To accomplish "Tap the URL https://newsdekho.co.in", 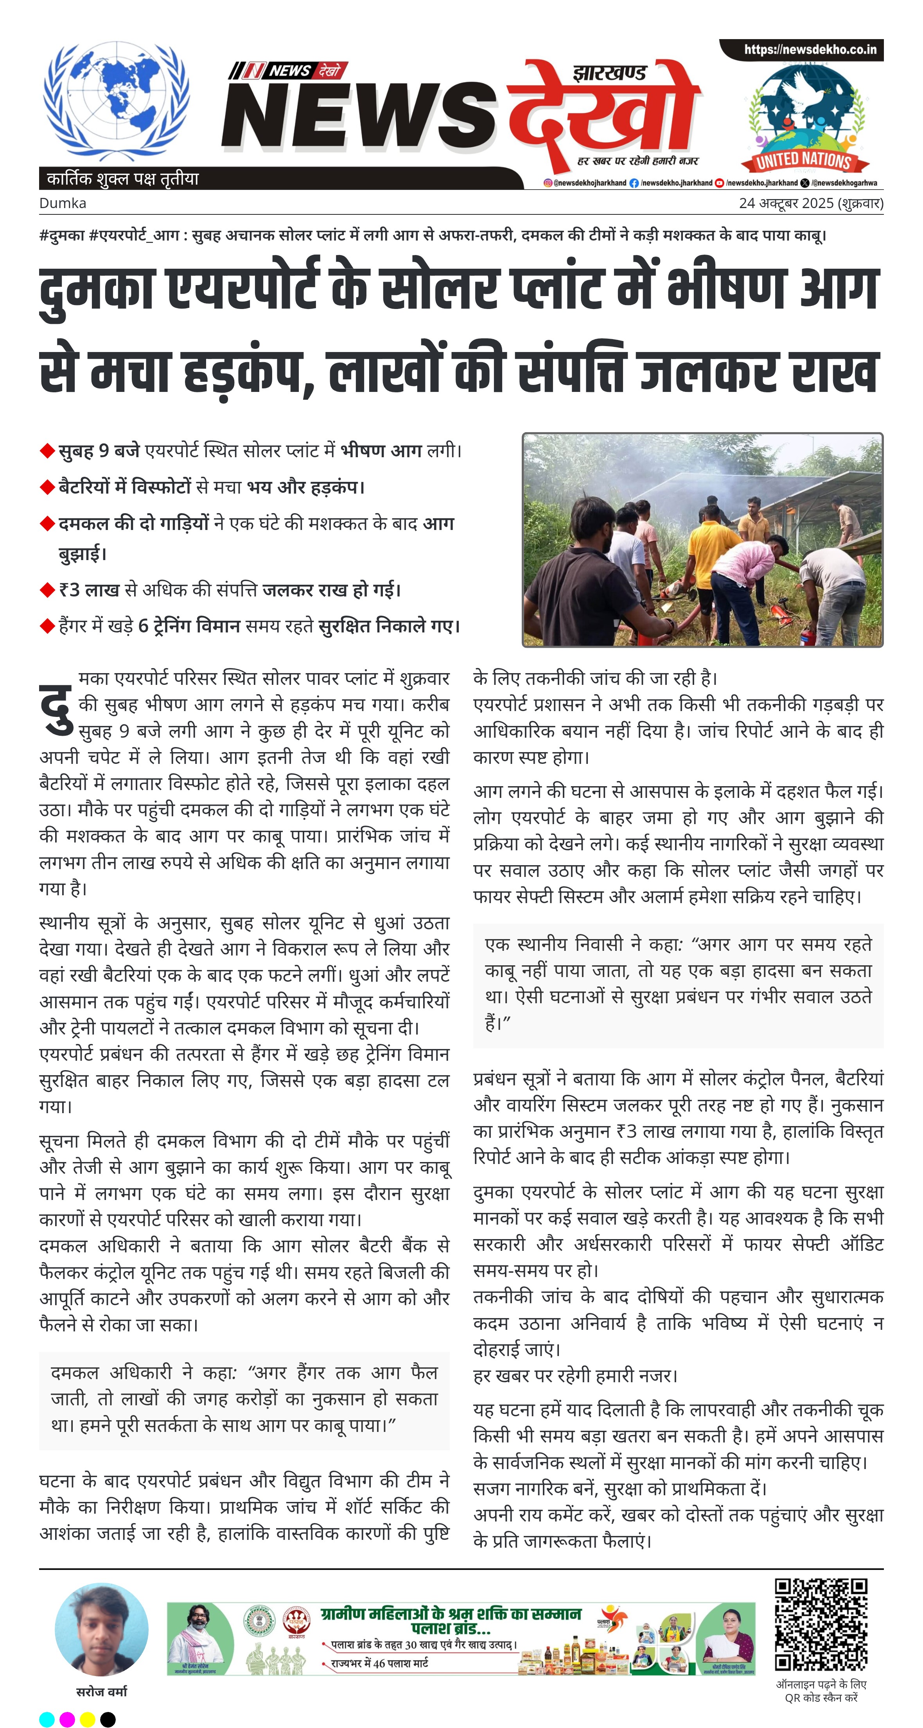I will [x=810, y=50].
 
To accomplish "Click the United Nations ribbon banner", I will [x=804, y=161].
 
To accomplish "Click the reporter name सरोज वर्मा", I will [x=101, y=1692].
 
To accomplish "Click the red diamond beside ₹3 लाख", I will [x=47, y=590].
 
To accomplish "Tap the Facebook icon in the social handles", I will [x=634, y=182].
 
